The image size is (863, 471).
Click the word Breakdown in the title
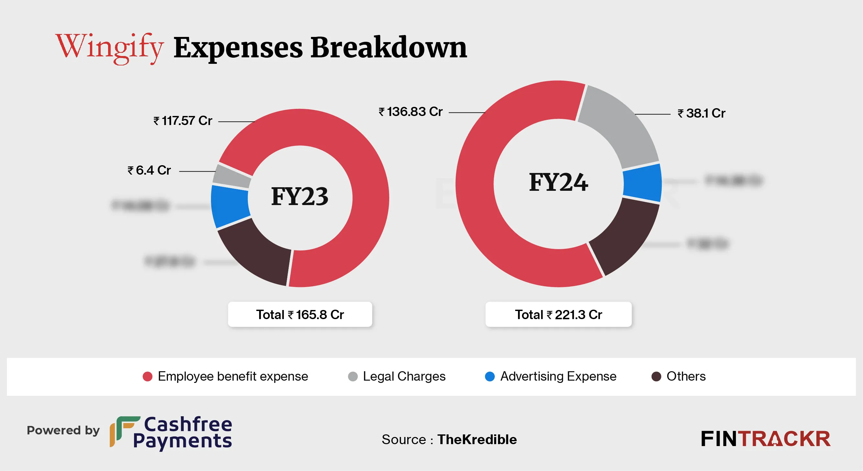click(x=389, y=48)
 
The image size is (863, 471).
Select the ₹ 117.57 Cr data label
click(x=183, y=121)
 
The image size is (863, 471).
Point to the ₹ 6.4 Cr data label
click(x=149, y=170)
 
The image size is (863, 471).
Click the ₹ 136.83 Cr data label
click(x=410, y=112)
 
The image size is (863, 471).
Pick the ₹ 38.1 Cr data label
click(x=701, y=113)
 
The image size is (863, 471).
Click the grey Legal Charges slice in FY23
click(x=232, y=176)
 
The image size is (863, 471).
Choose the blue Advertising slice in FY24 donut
click(x=642, y=183)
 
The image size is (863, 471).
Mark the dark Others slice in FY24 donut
click(x=623, y=235)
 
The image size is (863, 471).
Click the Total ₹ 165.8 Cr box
click(x=300, y=314)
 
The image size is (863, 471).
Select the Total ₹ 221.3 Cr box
click(x=559, y=314)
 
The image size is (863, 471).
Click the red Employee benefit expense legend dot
click(x=148, y=376)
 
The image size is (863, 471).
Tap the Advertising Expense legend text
click(x=558, y=376)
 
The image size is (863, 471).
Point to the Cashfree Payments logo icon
click(x=123, y=431)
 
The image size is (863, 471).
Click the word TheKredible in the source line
click(x=477, y=440)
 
